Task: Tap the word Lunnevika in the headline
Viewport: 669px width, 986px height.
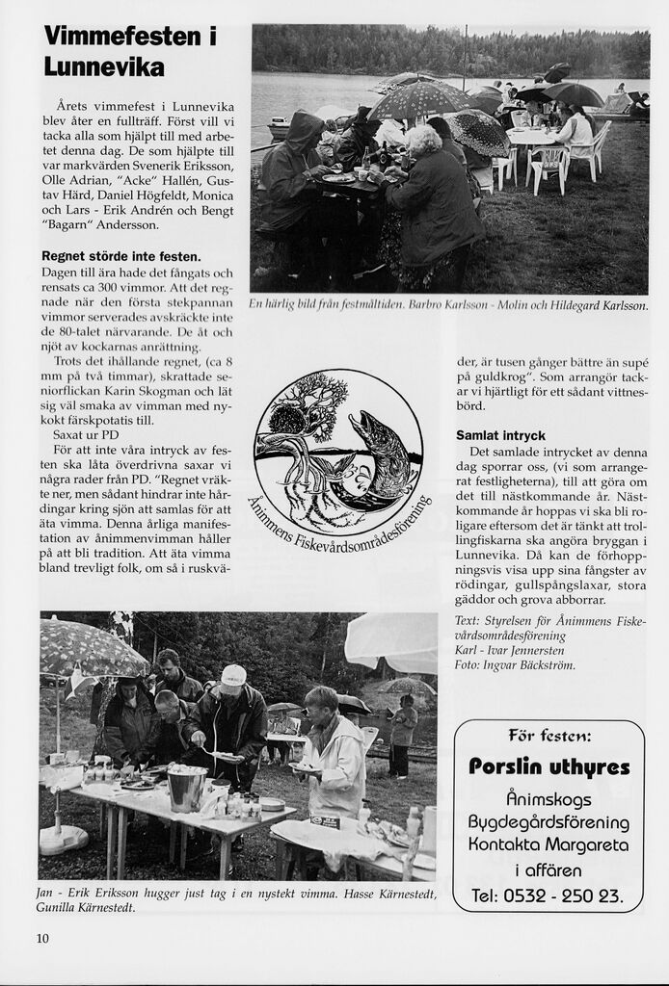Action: click(x=104, y=67)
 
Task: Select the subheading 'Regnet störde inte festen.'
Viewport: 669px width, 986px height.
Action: click(x=120, y=256)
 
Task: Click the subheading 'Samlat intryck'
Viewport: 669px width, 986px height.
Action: click(x=500, y=435)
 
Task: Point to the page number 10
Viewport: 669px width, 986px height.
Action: click(x=42, y=938)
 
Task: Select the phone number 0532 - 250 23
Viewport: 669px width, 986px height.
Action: click(x=548, y=895)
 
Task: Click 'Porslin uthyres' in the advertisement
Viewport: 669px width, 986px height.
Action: click(x=549, y=767)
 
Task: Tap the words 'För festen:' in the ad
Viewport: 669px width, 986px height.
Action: click(x=548, y=737)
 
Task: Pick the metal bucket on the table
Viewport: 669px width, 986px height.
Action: click(x=186, y=788)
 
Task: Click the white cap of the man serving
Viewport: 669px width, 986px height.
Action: click(x=233, y=675)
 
